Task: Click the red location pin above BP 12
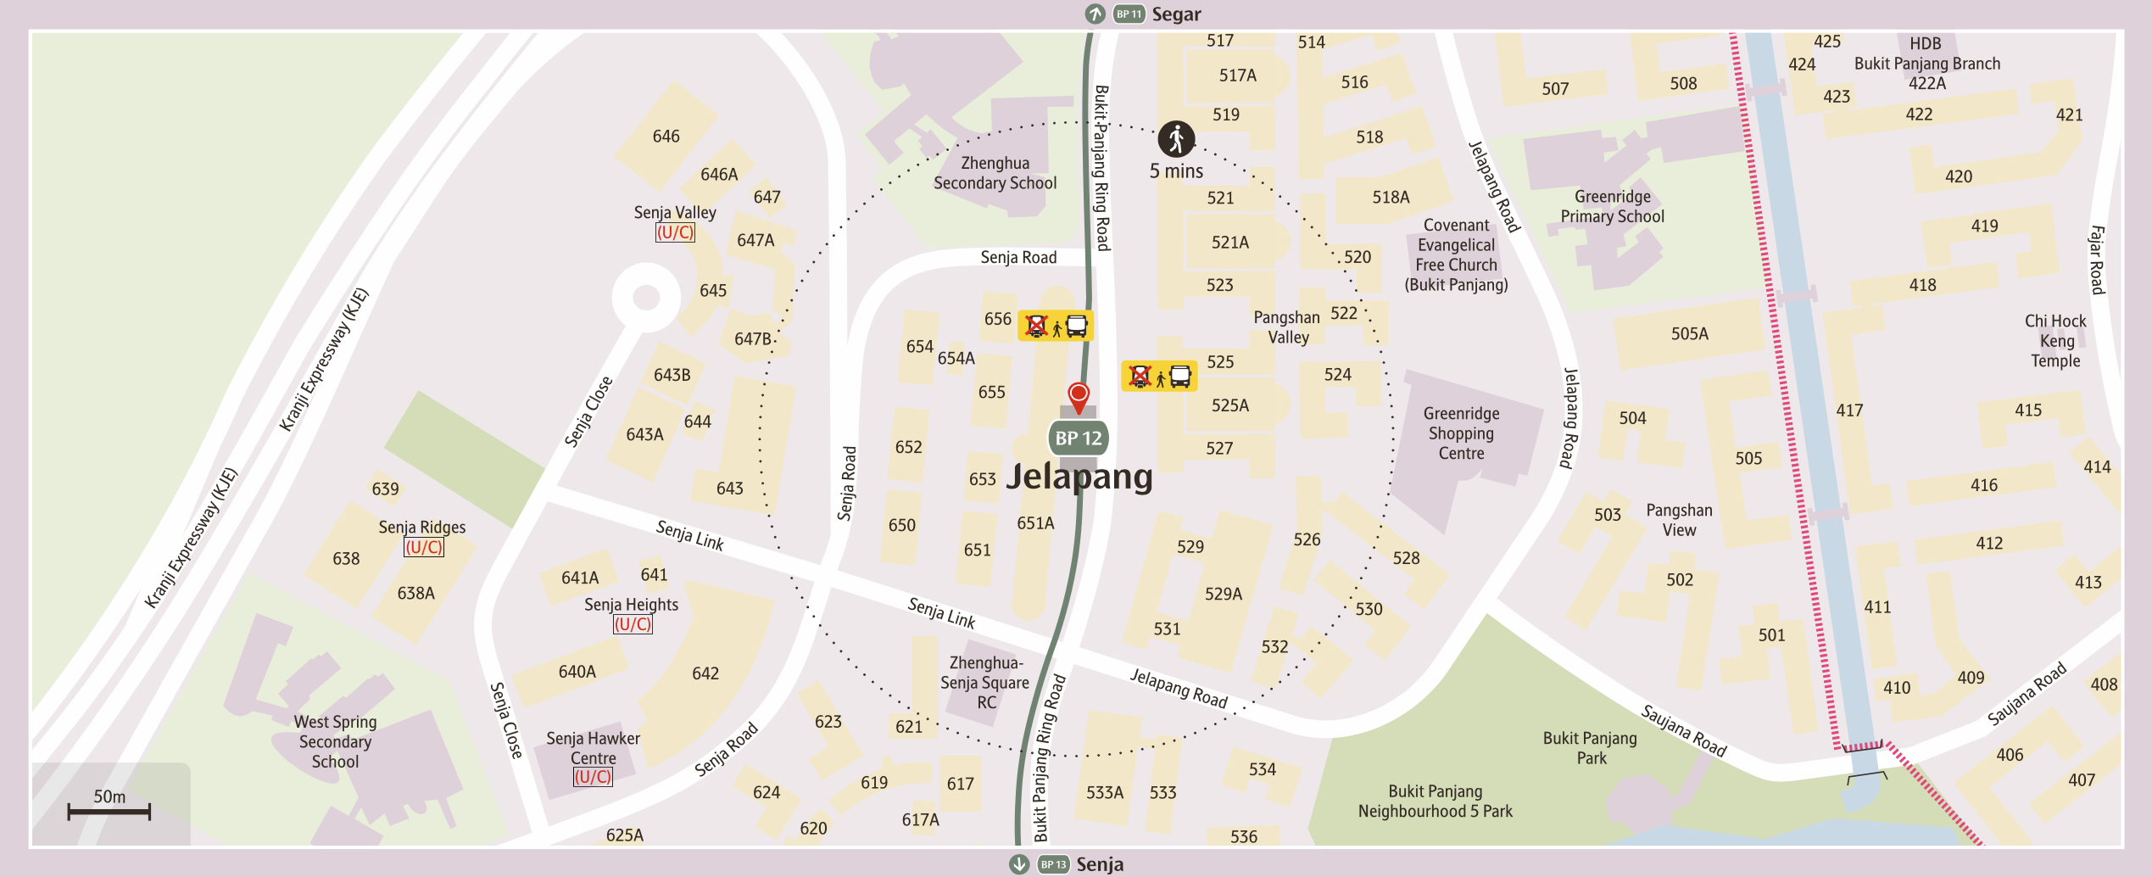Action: (x=1078, y=395)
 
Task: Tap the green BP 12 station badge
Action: (x=1078, y=438)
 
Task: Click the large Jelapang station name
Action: (x=1079, y=477)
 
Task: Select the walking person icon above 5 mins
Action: (x=1176, y=139)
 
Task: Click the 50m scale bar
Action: (x=109, y=811)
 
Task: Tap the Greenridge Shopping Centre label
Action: (x=1461, y=433)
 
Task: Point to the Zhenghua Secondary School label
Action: (x=995, y=173)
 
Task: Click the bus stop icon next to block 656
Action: (x=1056, y=326)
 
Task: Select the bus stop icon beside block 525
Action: (x=1159, y=376)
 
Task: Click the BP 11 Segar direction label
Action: (x=1145, y=14)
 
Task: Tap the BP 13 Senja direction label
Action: (x=1068, y=864)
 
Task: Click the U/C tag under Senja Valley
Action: (x=675, y=232)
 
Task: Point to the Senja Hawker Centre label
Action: (x=593, y=748)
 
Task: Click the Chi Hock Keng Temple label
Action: (x=2054, y=341)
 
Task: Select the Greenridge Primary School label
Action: (x=1612, y=206)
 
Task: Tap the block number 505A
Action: (x=1689, y=334)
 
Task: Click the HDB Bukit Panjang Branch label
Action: (x=1926, y=63)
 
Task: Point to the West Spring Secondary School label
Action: (x=335, y=741)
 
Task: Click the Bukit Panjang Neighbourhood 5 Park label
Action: (x=1435, y=802)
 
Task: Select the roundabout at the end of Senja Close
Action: (x=646, y=297)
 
